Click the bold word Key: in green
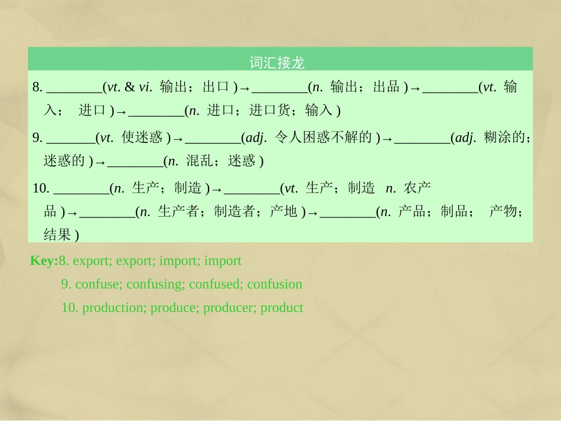pos(44,260)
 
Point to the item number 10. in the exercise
pos(41,188)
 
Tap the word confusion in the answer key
pos(275,284)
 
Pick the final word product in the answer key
pos(282,308)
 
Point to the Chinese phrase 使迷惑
pos(142,138)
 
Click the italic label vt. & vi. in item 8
pos(129,88)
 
